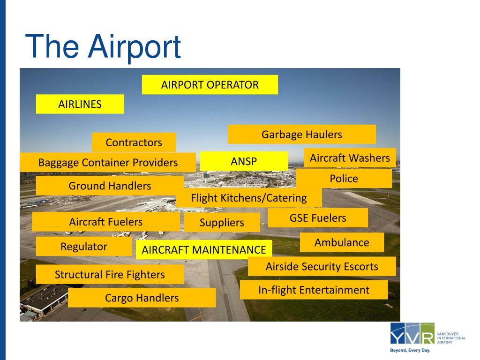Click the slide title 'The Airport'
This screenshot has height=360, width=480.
(103, 46)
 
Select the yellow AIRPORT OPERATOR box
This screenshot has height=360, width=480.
(210, 85)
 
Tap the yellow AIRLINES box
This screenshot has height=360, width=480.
(80, 104)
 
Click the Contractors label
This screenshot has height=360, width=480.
(134, 142)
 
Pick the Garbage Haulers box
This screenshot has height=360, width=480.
(301, 135)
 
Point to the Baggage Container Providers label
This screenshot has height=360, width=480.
(108, 163)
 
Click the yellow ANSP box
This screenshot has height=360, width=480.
(244, 161)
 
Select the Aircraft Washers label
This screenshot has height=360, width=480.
(350, 158)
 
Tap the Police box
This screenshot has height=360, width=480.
(344, 179)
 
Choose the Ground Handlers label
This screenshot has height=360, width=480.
(110, 186)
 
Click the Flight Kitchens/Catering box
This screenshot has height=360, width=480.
(248, 198)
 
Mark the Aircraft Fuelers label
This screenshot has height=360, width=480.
(105, 222)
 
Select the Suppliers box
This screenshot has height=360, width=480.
(222, 223)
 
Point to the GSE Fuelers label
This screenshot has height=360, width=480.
(317, 218)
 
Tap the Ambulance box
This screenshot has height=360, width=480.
(341, 242)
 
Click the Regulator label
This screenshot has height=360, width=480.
(84, 247)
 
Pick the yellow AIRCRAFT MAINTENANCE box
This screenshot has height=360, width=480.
(203, 250)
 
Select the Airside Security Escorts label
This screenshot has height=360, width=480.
(322, 267)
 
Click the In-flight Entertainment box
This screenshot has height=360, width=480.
(314, 290)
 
